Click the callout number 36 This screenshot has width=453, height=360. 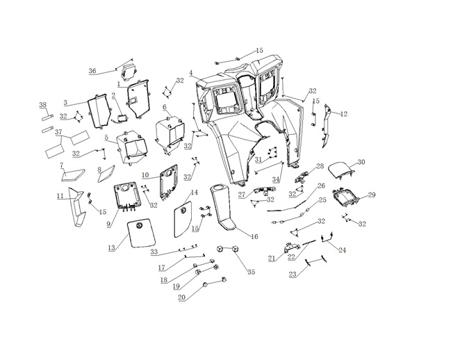pos(92,71)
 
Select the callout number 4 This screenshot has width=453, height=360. pos(191,73)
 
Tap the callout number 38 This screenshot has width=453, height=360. pos(43,105)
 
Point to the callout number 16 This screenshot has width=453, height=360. pos(254,236)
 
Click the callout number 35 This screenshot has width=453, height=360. pos(252,272)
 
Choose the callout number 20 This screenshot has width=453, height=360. pos(181,297)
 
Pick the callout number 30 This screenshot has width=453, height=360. pos(361,162)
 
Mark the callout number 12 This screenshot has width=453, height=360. pos(344,114)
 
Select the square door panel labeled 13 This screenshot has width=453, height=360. pos(142,235)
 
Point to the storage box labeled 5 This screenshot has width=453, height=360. pos(131,147)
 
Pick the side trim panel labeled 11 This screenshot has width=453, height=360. pos(76,206)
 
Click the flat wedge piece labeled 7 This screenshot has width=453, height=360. pos(73,175)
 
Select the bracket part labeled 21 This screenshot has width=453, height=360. pos(290,247)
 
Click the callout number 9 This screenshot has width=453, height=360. pos(108,224)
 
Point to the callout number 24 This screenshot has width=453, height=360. pos(342,250)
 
